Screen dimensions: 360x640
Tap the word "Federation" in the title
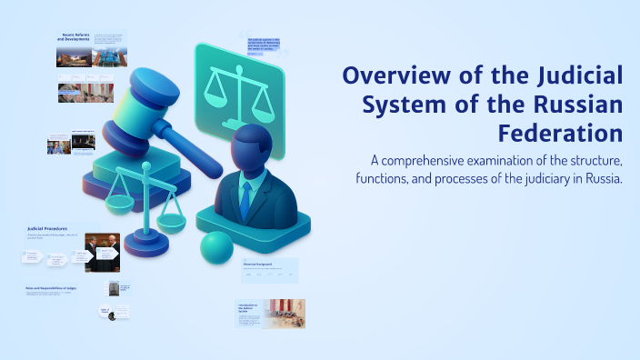coord(560,134)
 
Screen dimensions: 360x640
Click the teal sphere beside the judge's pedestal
coord(216,247)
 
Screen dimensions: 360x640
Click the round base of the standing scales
coord(146,241)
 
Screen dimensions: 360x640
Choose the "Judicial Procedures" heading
coord(48,228)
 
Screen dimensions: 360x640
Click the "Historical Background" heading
coord(258,265)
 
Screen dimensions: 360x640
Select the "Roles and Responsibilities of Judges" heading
coord(49,289)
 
